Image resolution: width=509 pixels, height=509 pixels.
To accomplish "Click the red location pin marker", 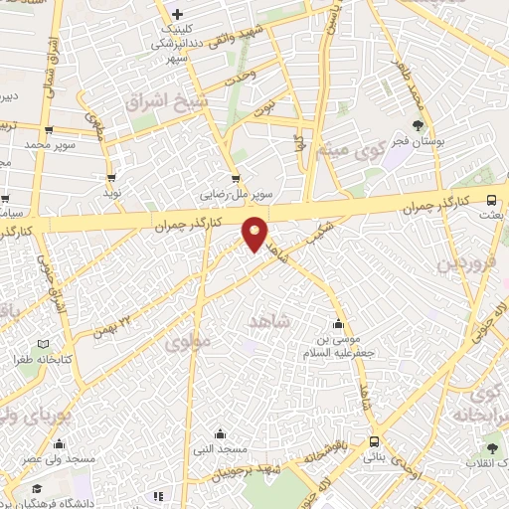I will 255,234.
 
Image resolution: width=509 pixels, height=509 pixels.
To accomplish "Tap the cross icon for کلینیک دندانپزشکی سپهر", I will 177,14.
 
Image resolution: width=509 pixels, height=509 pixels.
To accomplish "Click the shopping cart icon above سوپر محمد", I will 48,130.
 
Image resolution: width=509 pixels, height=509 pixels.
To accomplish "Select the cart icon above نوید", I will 110,178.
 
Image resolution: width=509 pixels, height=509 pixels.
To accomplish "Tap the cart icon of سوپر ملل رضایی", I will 236,180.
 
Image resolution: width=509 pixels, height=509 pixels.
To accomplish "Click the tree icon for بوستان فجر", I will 418,125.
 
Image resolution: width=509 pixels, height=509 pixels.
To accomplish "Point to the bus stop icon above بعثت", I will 491,198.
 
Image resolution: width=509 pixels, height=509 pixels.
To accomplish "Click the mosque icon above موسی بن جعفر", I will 339,323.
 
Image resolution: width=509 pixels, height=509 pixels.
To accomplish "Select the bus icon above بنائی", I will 375,441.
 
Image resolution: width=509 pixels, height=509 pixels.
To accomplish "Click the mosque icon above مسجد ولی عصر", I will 60,443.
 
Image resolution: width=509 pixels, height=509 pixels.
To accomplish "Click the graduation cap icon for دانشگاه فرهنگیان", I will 38,489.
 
